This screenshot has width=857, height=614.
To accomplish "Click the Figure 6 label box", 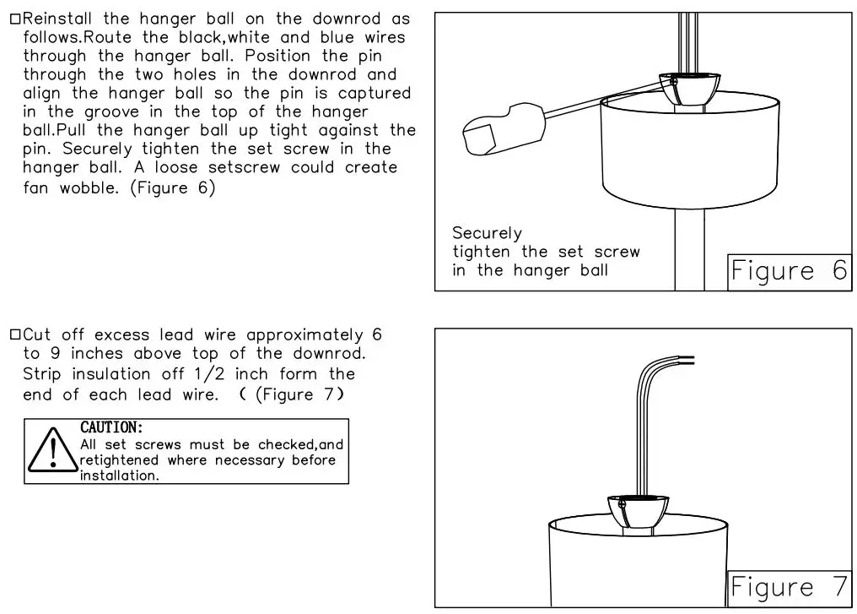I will coord(789,271).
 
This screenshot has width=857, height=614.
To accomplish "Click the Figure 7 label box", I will coord(789,588).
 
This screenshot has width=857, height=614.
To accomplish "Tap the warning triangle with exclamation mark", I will coord(53,451).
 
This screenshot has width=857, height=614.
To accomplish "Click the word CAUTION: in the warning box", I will coord(111,428).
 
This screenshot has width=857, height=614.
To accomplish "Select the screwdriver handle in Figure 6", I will coord(503,128).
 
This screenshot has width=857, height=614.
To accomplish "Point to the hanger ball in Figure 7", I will coord(639,509).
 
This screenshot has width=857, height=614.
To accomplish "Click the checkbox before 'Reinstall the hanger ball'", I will coord(15,19).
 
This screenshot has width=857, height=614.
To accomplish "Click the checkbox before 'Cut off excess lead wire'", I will coord(15,335).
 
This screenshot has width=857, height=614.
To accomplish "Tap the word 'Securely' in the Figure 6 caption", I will coord(487,233).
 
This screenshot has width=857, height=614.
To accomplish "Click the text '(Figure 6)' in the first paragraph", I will coord(173,188).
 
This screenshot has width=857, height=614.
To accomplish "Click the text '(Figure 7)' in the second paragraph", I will coord(299,394).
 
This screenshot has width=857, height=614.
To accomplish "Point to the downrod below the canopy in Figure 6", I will coord(689,249).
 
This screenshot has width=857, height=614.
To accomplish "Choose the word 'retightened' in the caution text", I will coord(119,460).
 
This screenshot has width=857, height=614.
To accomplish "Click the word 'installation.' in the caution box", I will coord(119,475).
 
